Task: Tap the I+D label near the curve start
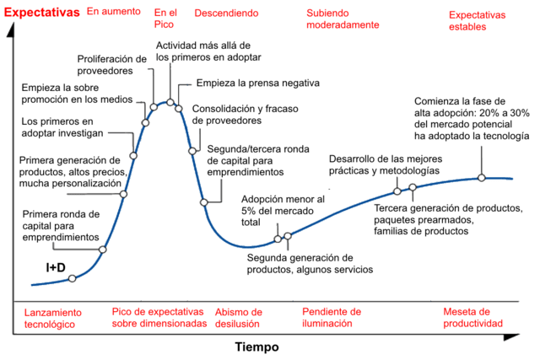pos(56,267)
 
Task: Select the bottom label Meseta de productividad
pos(472,316)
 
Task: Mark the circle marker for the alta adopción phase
pos(481,177)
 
